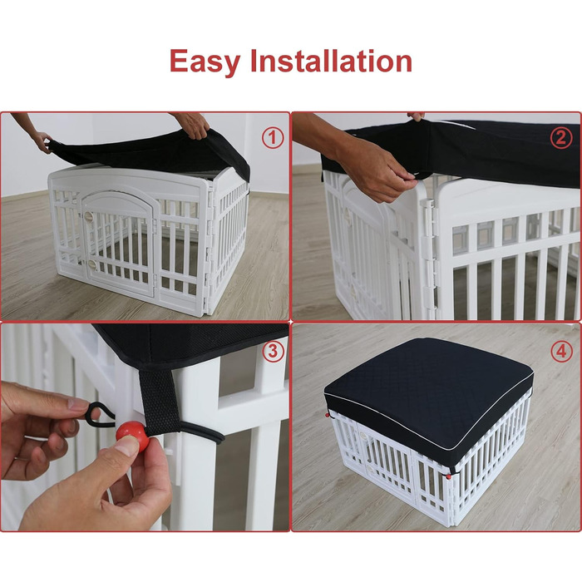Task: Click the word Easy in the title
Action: (x=205, y=62)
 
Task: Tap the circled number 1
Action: (x=273, y=138)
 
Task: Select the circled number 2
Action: (x=561, y=138)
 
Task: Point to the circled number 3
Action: (x=274, y=351)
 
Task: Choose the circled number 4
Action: (x=561, y=351)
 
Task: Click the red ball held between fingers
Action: (x=132, y=434)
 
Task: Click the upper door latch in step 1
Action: (x=88, y=217)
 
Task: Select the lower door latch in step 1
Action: (x=91, y=264)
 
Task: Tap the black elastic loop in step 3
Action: (x=98, y=415)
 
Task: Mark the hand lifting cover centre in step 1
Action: (x=192, y=125)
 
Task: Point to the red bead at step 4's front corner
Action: (x=449, y=476)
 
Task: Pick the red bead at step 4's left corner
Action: (x=328, y=415)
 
